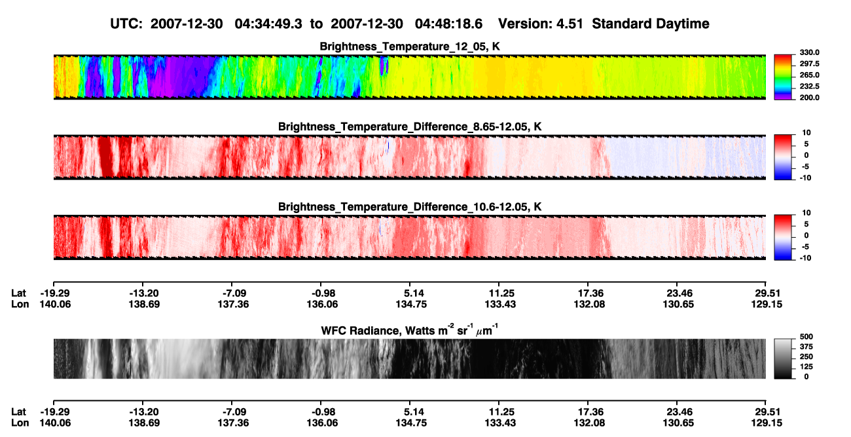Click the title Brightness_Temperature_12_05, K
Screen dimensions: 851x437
tap(410, 47)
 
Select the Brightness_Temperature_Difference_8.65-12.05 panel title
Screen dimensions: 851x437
tap(410, 126)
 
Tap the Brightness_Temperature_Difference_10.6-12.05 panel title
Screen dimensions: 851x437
tap(410, 207)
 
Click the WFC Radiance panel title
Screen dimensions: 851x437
tap(410, 330)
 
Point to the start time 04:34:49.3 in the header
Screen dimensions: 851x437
tap(268, 24)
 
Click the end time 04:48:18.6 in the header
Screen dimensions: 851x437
tap(448, 24)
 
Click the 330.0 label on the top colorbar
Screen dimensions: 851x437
tap(809, 52)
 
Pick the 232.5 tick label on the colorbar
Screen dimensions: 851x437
tap(809, 86)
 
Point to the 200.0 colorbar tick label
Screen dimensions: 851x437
tap(809, 98)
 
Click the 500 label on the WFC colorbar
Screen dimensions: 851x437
tap(806, 337)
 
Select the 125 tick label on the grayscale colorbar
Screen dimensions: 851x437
tap(806, 367)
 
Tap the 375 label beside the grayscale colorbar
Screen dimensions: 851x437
tap(806, 347)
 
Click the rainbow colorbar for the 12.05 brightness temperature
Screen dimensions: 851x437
tap(783, 77)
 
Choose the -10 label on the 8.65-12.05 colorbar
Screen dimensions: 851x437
tap(806, 178)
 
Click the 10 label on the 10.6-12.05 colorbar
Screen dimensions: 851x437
tap(806, 213)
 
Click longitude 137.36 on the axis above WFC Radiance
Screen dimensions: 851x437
tap(233, 305)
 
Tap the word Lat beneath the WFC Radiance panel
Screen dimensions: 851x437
tap(18, 412)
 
